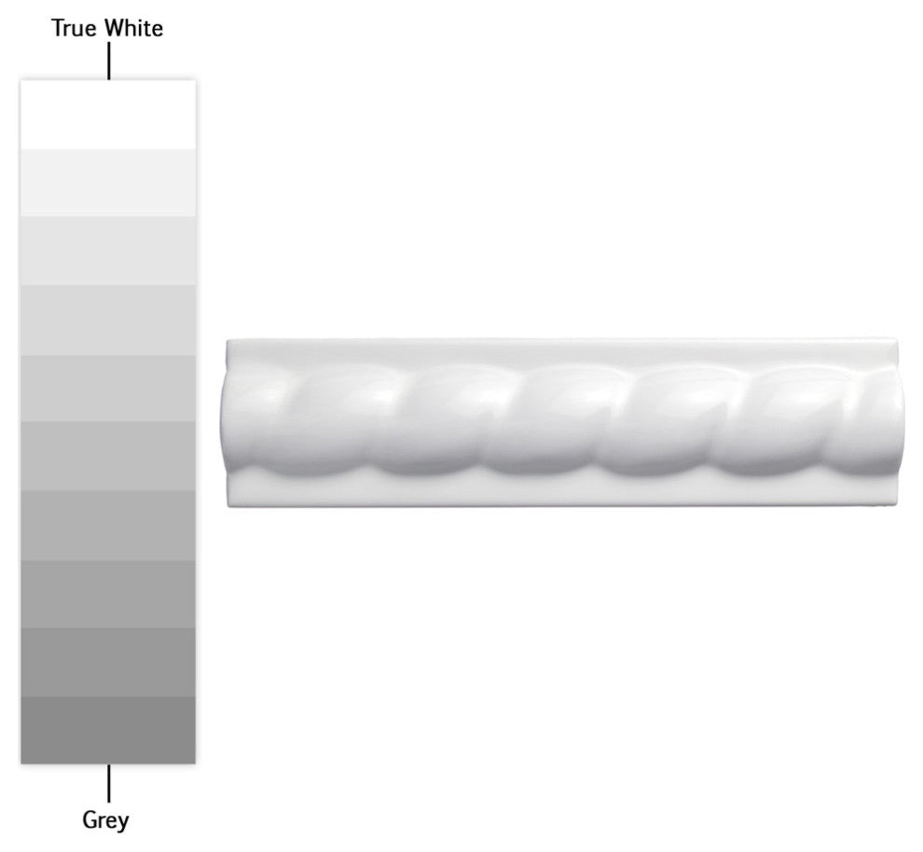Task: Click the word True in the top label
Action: click(75, 28)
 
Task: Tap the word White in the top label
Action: click(133, 28)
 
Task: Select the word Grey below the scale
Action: click(105, 820)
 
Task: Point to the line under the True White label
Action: click(109, 61)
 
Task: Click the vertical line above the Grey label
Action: click(109, 783)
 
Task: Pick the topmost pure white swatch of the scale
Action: click(108, 115)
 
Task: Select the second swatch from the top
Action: click(108, 183)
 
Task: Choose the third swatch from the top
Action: click(108, 252)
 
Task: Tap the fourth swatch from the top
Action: click(108, 320)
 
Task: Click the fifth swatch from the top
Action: click(108, 389)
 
